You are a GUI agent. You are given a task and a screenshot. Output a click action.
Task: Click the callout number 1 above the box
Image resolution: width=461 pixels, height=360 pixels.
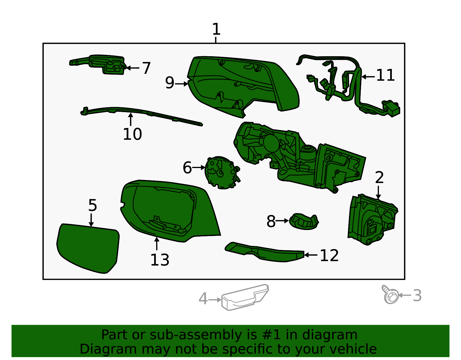pyautogui.click(x=216, y=29)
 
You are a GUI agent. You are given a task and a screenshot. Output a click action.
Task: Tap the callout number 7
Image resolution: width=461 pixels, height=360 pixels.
pyautogui.click(x=146, y=68)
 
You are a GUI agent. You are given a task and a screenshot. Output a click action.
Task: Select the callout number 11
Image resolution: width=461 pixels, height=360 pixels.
pyautogui.click(x=385, y=75)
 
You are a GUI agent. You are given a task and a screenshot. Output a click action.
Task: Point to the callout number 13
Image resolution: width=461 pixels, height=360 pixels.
pyautogui.click(x=160, y=260)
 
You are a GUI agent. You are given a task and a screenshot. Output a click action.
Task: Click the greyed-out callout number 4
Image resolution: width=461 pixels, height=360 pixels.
pyautogui.click(x=203, y=299)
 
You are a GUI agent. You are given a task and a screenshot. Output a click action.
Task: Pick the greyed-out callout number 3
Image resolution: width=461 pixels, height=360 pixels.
pyautogui.click(x=417, y=295)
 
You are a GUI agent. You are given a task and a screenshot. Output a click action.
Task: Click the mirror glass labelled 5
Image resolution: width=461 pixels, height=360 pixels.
pyautogui.click(x=88, y=248)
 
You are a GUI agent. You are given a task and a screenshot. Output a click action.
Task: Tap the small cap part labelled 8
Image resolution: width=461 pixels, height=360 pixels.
pyautogui.click(x=304, y=222)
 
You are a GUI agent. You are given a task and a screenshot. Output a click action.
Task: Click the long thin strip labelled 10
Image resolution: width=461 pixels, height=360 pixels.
pyautogui.click(x=141, y=116)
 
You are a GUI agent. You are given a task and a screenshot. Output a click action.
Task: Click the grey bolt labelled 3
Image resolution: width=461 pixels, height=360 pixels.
pyautogui.click(x=390, y=295)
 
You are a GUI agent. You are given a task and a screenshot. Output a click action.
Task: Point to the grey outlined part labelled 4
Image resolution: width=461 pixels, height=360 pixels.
pyautogui.click(x=245, y=297)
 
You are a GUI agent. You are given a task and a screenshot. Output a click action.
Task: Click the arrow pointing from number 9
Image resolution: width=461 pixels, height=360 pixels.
pyautogui.click(x=182, y=84)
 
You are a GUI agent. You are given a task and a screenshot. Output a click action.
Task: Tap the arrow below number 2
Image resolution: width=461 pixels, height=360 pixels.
pyautogui.click(x=378, y=193)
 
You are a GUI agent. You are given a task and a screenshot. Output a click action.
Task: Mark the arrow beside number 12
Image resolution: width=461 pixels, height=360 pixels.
pyautogui.click(x=311, y=255)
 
